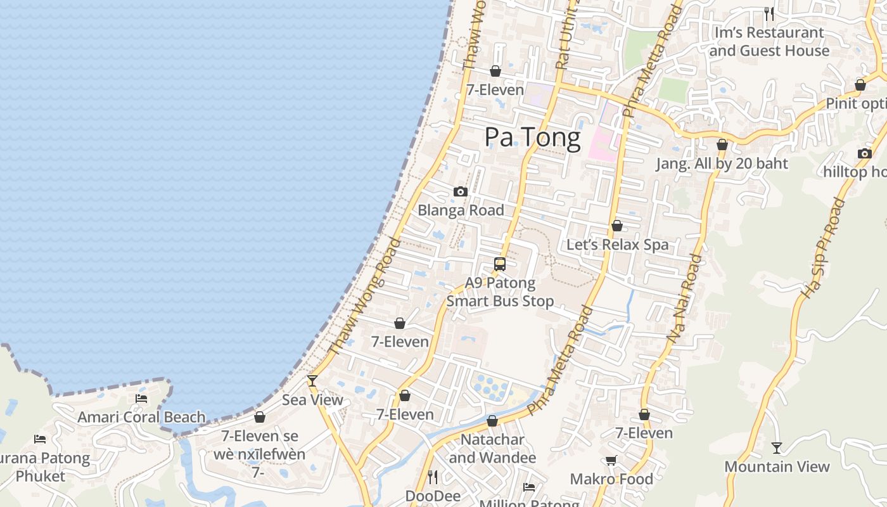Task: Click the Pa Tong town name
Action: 532,138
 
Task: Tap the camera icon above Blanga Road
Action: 461,191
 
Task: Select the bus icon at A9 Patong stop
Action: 500,264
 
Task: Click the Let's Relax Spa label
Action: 617,245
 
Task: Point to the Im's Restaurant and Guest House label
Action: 769,41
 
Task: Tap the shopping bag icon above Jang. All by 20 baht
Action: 722,145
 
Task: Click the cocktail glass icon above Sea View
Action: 312,381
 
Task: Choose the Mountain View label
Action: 777,467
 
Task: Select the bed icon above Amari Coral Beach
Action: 141,399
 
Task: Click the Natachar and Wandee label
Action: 492,448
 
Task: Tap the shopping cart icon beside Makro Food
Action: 611,461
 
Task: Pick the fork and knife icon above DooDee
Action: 433,476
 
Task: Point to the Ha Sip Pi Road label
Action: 824,248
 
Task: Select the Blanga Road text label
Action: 461,210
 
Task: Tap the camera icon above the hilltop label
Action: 864,153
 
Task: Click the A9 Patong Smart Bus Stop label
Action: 500,292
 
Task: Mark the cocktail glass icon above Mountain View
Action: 777,448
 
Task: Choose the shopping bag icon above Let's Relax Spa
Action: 616,226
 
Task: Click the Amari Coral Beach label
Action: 141,418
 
